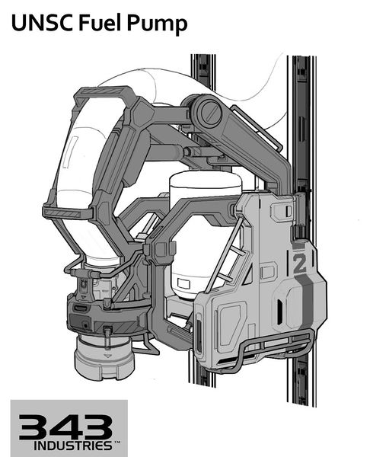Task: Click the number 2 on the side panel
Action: pos(299,264)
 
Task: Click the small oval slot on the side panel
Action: pos(282,312)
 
